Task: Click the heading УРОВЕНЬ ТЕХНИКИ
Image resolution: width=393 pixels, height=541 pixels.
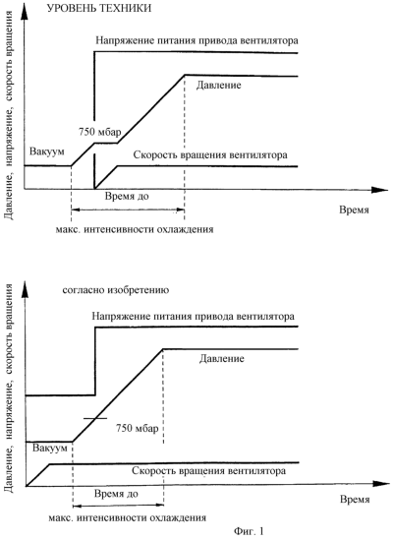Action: point(99,8)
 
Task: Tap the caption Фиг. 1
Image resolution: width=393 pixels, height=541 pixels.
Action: point(249,531)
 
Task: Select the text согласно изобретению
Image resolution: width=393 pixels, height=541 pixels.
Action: point(116,290)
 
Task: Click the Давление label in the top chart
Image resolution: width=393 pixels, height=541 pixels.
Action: point(218,85)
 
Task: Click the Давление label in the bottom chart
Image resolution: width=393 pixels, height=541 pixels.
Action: point(222,358)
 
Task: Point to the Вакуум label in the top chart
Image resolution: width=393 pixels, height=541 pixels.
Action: point(47,151)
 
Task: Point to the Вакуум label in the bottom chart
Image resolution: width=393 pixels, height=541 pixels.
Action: point(50,449)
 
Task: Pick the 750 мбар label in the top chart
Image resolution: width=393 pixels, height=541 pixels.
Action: point(100,132)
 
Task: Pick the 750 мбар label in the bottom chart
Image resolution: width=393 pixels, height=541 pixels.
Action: point(138,428)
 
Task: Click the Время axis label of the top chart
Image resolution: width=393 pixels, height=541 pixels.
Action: point(354,210)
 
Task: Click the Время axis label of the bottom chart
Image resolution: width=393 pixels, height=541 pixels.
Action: point(355,500)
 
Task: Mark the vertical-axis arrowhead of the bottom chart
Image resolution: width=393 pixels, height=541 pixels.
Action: point(26,290)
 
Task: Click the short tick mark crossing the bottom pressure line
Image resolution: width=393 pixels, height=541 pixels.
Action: point(95,418)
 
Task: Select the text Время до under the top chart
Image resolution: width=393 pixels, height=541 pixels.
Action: point(127,197)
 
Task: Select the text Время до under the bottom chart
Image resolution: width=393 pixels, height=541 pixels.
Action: point(116,494)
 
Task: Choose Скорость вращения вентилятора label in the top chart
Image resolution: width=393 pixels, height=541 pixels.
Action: point(210,154)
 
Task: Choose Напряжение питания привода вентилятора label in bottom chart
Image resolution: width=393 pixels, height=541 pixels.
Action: point(193,316)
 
